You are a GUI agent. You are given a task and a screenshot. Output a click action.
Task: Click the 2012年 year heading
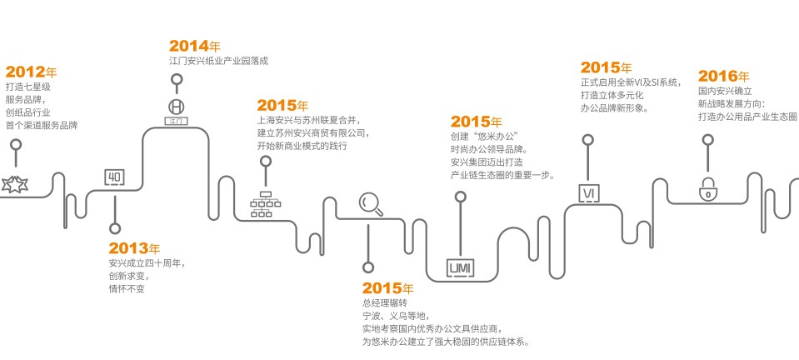click(x=31, y=72)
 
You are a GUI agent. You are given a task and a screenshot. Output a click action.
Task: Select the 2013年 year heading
click(x=134, y=248)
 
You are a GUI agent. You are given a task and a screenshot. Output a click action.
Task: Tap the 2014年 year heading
click(x=194, y=46)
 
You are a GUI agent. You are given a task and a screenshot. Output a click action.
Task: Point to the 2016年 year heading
click(x=723, y=76)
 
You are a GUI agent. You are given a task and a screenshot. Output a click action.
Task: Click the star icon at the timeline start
click(x=15, y=184)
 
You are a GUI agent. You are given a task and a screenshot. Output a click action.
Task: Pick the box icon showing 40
click(x=114, y=177)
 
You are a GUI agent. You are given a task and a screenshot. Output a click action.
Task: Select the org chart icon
click(x=266, y=204)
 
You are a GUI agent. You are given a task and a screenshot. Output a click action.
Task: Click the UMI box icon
click(x=460, y=267)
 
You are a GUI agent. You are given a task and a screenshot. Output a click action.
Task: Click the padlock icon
click(x=708, y=190)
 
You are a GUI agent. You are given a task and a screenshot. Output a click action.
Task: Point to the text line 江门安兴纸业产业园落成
click(x=218, y=61)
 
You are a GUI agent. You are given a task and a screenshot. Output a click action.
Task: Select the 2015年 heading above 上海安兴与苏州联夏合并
click(x=282, y=105)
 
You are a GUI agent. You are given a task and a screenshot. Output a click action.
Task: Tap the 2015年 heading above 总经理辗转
click(x=387, y=287)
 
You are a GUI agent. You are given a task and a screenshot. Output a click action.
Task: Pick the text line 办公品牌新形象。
click(x=615, y=108)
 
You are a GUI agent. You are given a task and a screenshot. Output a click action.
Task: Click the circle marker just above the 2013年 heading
click(x=115, y=227)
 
